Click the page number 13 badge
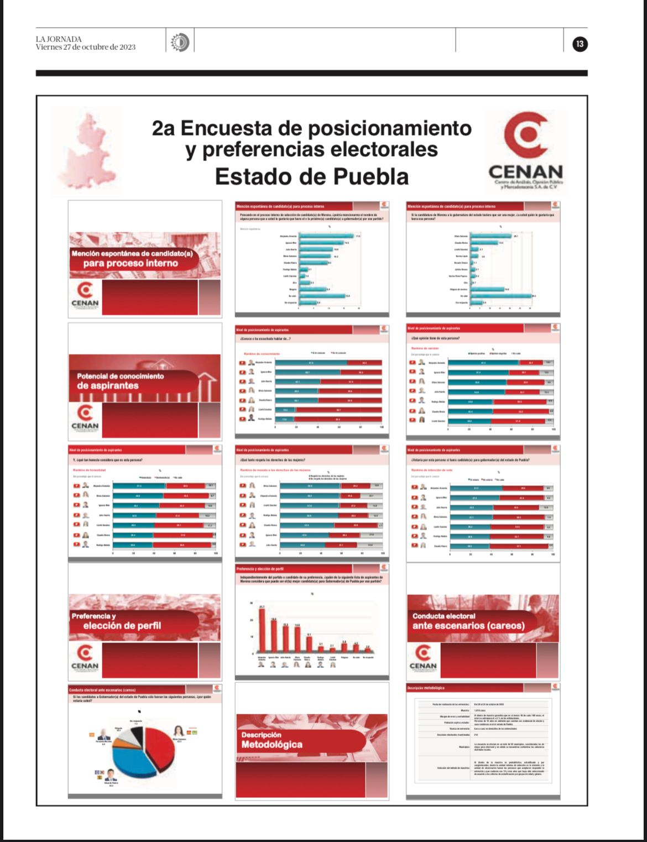click(x=580, y=44)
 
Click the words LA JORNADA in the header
click(x=59, y=39)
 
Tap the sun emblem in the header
click(x=180, y=43)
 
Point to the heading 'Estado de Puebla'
click(x=311, y=177)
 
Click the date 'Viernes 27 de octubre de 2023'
click(x=86, y=47)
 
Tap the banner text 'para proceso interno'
click(x=131, y=264)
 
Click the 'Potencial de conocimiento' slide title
click(x=121, y=376)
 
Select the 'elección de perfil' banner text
click(x=122, y=626)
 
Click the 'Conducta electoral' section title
click(x=444, y=616)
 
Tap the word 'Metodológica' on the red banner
click(x=272, y=745)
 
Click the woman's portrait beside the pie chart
click(x=179, y=731)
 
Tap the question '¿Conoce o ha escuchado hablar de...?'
click(x=265, y=338)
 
